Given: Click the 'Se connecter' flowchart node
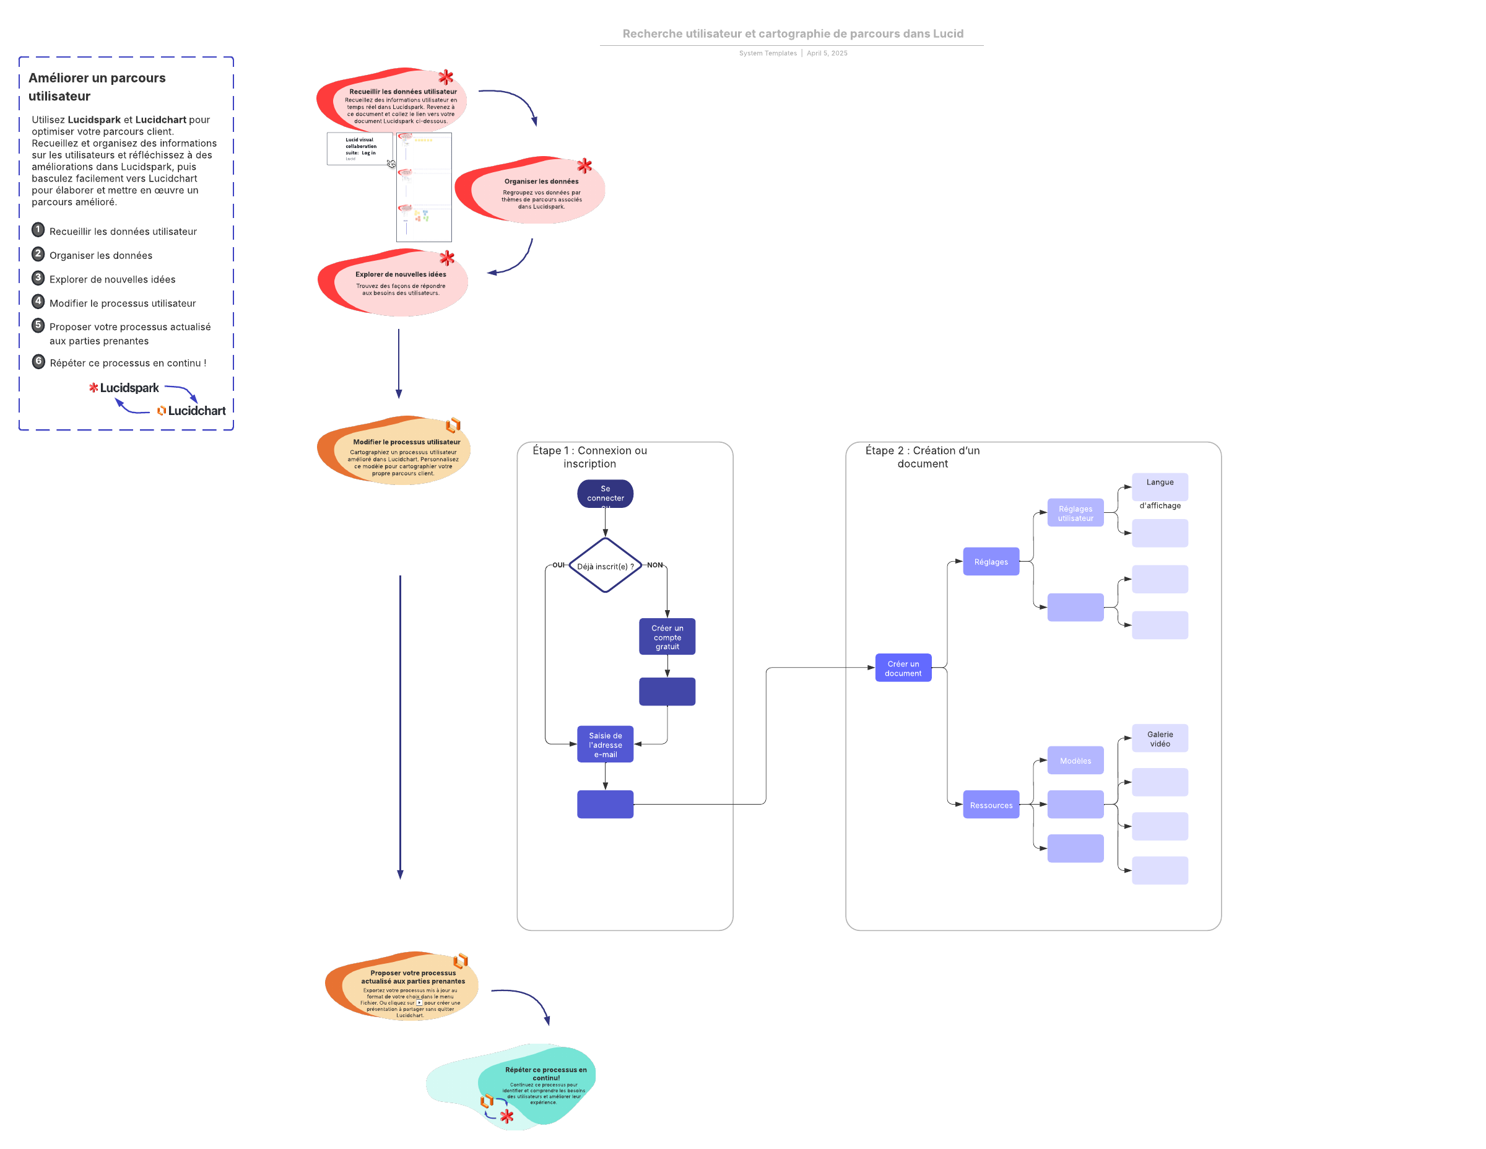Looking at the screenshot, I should [605, 494].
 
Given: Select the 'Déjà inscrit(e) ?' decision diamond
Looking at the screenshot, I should [605, 566].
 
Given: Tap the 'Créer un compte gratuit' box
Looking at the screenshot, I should [667, 637].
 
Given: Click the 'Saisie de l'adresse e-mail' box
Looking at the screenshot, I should [605, 745].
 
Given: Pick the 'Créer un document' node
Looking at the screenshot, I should [903, 668].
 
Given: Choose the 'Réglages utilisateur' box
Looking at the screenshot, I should [1075, 513].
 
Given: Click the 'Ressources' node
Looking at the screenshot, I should [991, 805].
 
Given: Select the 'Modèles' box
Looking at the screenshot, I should [1075, 761].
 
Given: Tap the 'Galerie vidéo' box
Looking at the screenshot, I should [1160, 738].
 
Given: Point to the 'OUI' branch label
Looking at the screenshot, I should [558, 565].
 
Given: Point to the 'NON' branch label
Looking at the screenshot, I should [654, 565].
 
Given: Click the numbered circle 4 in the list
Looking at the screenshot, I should [38, 301].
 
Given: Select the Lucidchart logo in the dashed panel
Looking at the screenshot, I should [191, 411].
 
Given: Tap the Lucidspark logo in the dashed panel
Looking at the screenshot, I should [124, 388].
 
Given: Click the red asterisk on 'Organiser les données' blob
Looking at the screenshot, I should [584, 166].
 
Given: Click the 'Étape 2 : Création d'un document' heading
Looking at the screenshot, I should [922, 457].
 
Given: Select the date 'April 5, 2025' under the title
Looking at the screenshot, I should [827, 53].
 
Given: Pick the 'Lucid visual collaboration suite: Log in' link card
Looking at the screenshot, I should [359, 149].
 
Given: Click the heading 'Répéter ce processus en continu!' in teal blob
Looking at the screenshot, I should [545, 1073].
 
